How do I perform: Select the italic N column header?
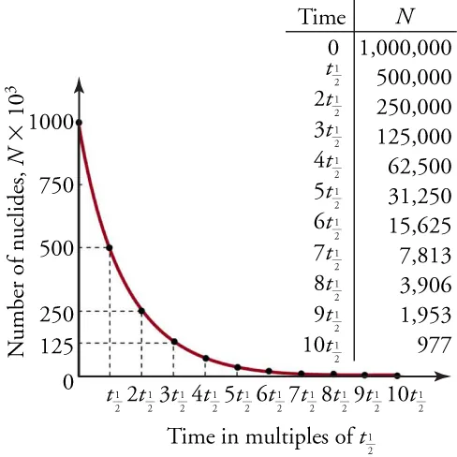click(x=404, y=18)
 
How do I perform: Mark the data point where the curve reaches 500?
click(x=111, y=247)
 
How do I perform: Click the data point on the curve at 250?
click(x=141, y=311)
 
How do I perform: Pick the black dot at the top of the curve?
click(x=79, y=122)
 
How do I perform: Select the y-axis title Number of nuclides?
click(x=16, y=221)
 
